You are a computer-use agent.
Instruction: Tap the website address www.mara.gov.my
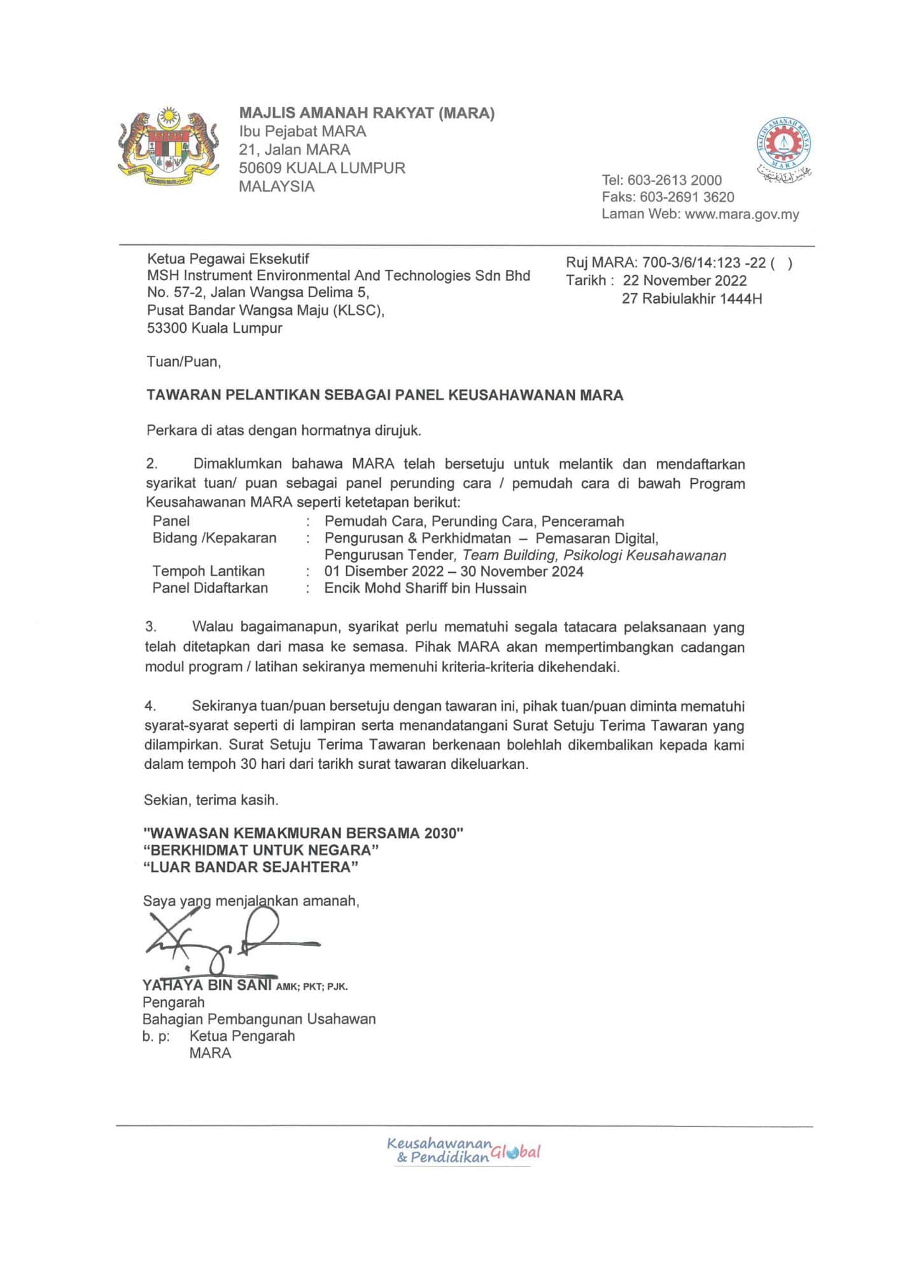pos(742,215)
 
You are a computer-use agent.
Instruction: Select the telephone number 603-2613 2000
pos(675,180)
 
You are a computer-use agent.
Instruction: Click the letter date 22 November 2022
pos(685,281)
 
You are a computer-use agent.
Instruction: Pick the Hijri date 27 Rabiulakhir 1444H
pos(691,299)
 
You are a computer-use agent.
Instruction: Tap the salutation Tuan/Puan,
pos(183,362)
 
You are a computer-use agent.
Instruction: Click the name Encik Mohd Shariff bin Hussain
pos(425,588)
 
